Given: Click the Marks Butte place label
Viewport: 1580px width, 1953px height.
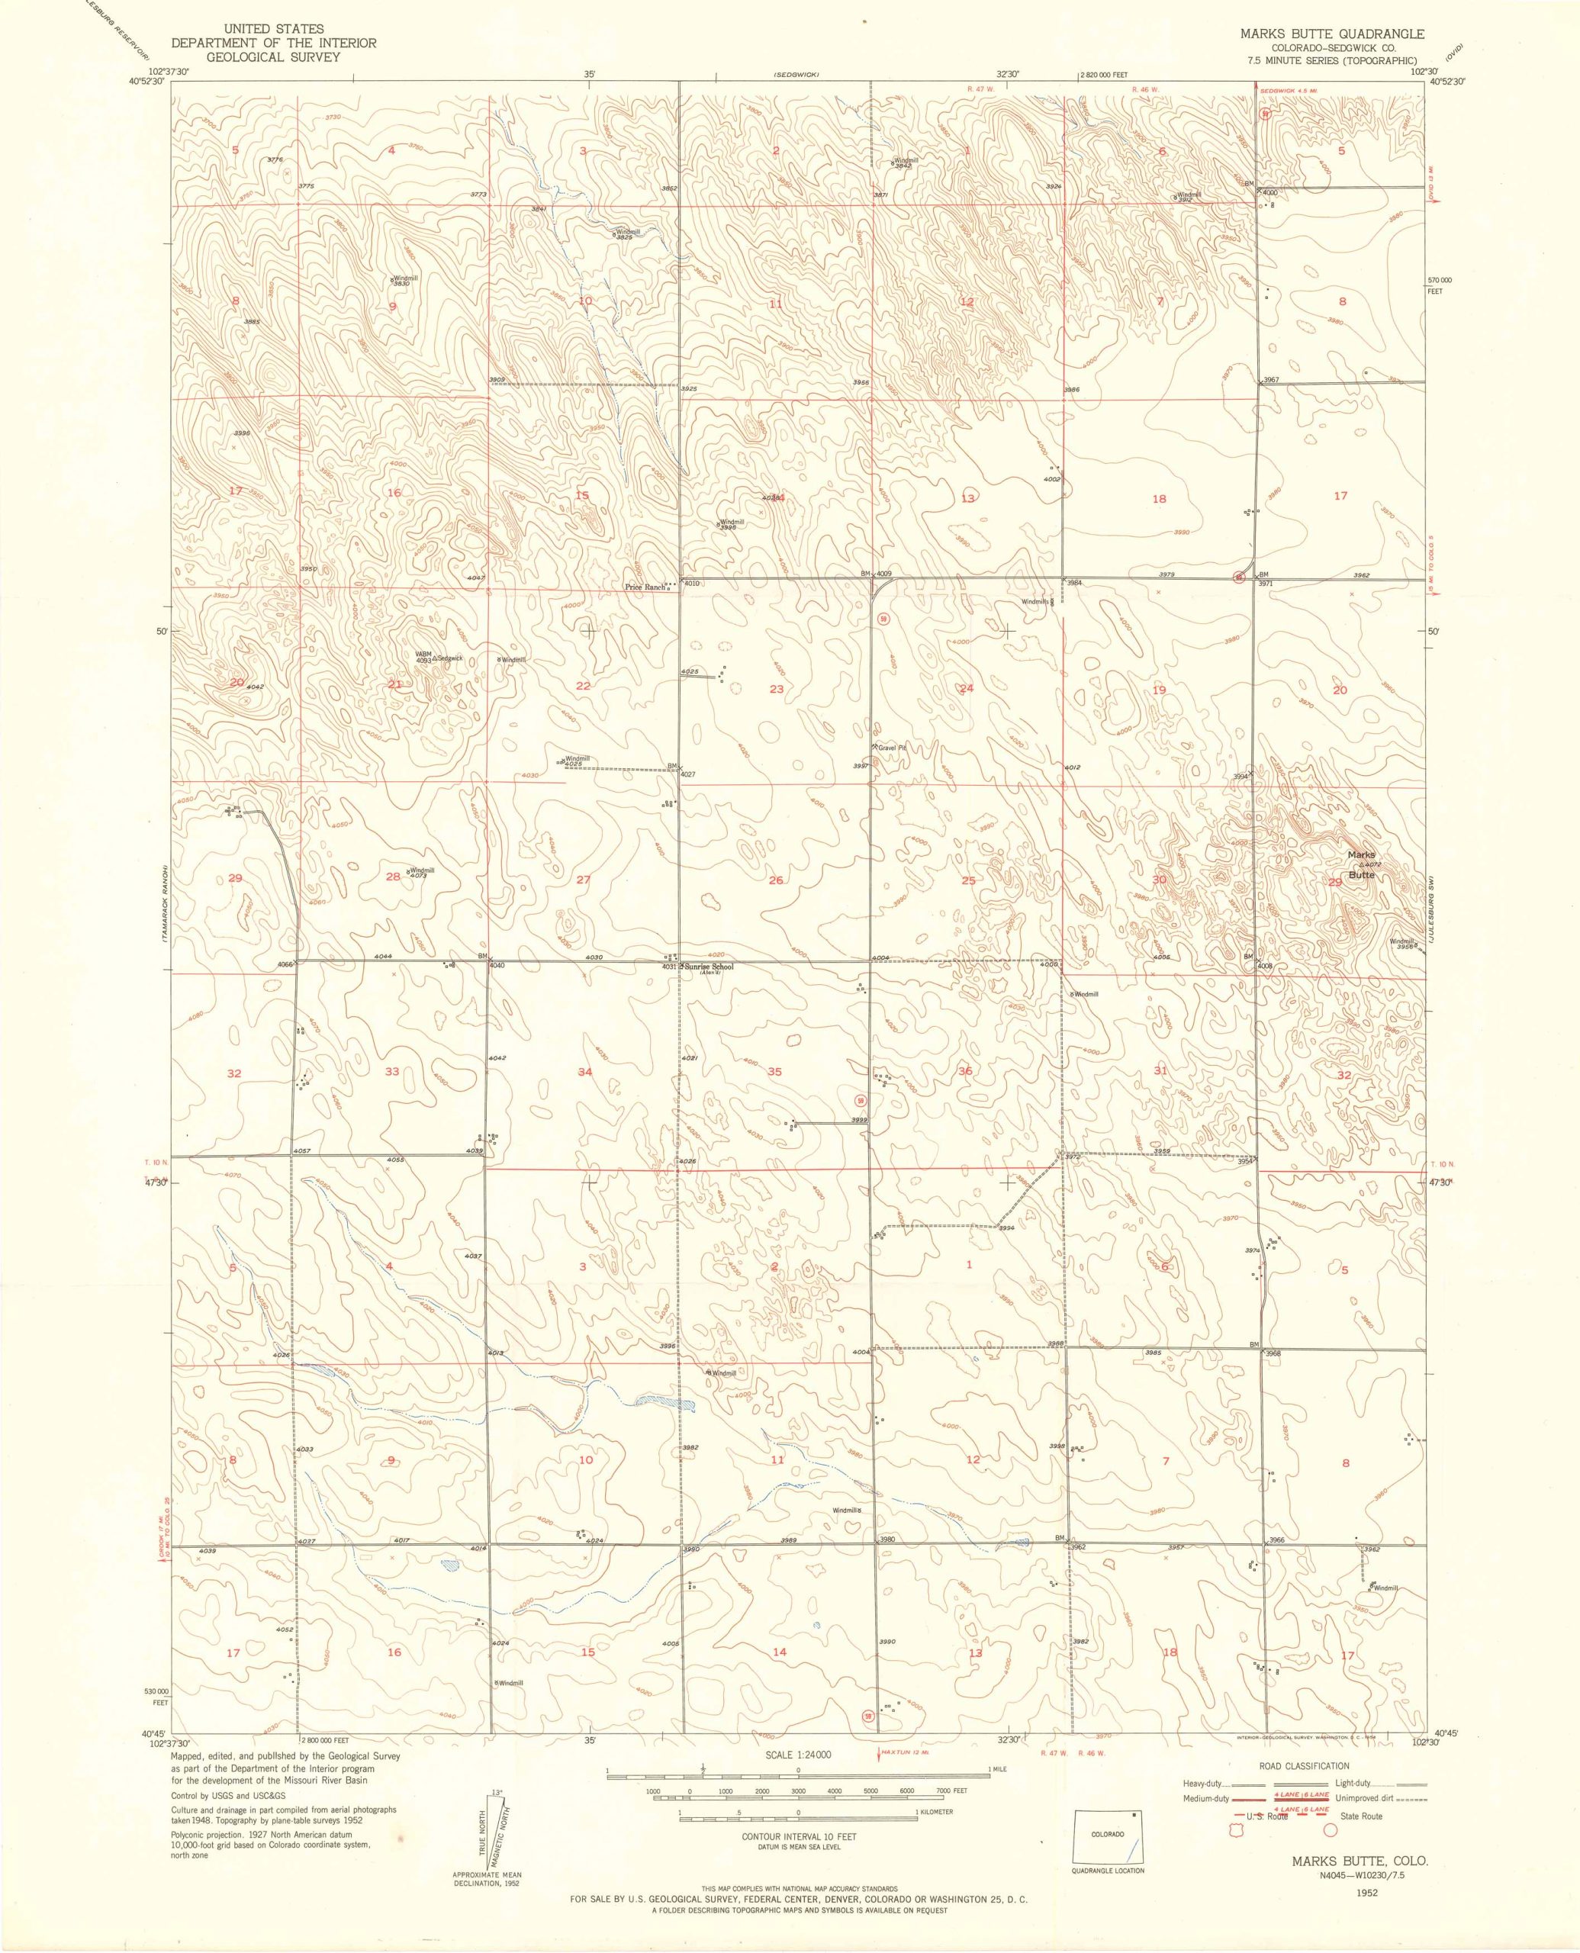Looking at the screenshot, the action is tap(1363, 864).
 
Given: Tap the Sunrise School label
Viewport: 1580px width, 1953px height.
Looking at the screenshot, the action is tap(709, 967).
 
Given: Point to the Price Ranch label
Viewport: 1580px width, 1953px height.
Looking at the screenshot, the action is tap(645, 587).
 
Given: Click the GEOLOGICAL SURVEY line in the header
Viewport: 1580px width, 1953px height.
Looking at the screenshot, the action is tap(274, 56).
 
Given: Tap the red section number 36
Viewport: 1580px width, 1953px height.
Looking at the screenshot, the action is tap(965, 1071).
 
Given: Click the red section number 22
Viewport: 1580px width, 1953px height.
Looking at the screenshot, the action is tap(584, 685).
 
